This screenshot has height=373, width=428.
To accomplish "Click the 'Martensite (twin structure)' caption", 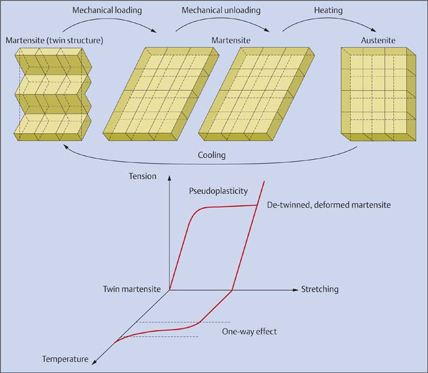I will tap(54, 40).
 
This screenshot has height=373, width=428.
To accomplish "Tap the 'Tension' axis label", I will tap(142, 177).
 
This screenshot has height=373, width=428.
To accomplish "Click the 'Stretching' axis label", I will tap(320, 290).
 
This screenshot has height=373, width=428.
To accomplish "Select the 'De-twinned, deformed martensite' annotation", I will tap(329, 205).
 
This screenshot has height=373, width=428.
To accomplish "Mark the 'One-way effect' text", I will tap(249, 331).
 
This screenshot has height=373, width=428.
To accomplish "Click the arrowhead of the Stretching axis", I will tap(295, 290).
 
